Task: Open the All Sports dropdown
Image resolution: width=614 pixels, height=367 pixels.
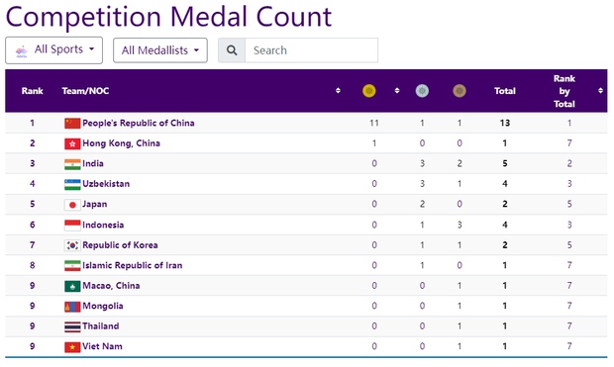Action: pos(54,49)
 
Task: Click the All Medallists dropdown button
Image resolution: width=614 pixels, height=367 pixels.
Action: pos(160,50)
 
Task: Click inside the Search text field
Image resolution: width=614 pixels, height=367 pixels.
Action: pos(310,50)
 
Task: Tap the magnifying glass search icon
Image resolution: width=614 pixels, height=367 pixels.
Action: pos(231,50)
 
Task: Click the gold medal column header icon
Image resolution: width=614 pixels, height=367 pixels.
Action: pos(369,91)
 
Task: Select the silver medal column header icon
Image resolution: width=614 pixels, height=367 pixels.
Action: pos(423,91)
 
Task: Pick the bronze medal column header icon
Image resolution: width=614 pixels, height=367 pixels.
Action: pos(459,91)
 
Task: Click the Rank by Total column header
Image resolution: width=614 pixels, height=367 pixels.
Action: pos(563,91)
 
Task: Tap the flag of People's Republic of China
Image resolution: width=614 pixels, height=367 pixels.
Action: pos(72,124)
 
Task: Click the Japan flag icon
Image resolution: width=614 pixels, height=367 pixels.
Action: pos(72,205)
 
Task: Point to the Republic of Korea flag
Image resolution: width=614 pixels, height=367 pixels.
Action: pos(72,245)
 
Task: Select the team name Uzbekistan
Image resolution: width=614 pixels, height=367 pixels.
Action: pos(106,184)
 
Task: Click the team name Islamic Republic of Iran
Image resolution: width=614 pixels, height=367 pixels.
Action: pos(132,265)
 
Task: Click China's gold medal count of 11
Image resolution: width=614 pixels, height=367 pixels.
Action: pos(374,124)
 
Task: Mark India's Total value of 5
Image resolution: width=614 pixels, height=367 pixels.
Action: pos(505,164)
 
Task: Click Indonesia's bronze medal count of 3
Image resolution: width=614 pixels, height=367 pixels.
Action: pos(460,225)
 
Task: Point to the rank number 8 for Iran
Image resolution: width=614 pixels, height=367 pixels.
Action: pos(32,265)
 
